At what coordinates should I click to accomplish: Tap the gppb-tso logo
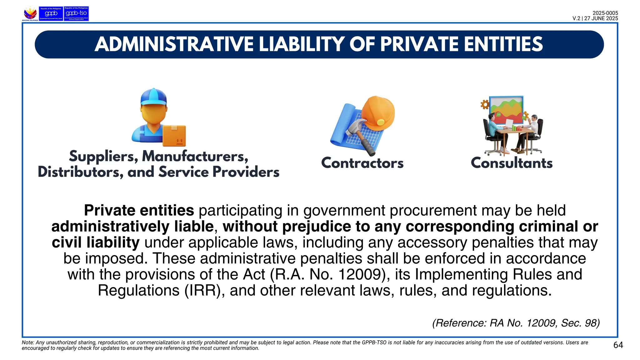coord(76,13)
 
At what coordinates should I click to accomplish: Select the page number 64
coord(618,345)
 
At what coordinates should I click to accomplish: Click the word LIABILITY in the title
coord(301,44)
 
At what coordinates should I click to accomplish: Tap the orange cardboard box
coord(174,136)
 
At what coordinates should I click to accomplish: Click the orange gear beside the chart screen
coord(485,104)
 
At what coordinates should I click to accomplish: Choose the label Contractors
coord(362,163)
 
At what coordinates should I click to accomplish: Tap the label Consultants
coord(512,163)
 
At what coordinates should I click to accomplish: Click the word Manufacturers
coord(195,156)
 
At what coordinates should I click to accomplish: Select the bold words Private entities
coord(139,210)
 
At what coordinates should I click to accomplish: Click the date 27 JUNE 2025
coord(601,18)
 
